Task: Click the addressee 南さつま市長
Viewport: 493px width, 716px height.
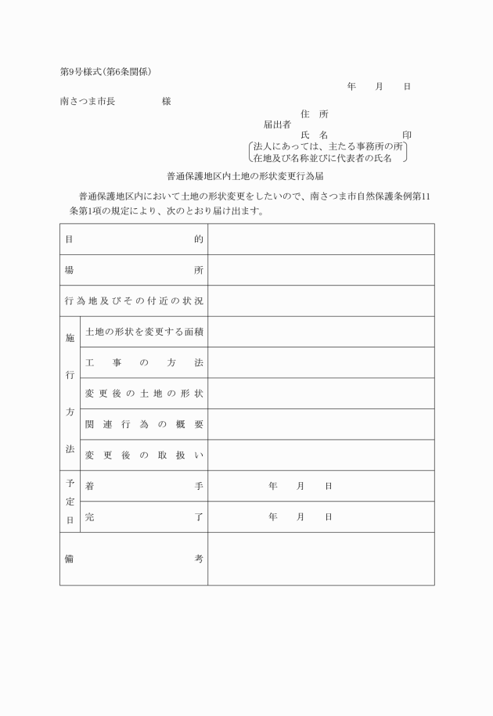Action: click(88, 102)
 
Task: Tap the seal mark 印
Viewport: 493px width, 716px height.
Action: click(406, 135)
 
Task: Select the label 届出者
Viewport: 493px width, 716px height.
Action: click(277, 124)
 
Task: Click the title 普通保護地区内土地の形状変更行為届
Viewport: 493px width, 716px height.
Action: click(246, 178)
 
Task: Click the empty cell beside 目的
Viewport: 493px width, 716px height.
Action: click(321, 239)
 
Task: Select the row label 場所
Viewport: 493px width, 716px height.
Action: click(134, 270)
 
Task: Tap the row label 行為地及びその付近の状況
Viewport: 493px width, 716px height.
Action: click(134, 300)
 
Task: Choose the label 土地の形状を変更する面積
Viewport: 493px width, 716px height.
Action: click(144, 332)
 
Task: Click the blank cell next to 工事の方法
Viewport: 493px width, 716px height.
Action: click(321, 362)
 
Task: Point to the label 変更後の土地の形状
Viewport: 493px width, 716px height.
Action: click(144, 393)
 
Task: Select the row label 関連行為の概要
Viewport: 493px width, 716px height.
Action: click(144, 424)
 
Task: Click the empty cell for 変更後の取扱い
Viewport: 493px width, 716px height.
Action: click(321, 455)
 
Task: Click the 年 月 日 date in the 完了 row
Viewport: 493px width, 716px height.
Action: click(300, 517)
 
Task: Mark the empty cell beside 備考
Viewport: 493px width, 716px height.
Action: click(321, 559)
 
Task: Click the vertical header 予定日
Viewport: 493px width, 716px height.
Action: click(70, 501)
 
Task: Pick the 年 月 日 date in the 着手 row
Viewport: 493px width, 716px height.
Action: click(300, 486)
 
